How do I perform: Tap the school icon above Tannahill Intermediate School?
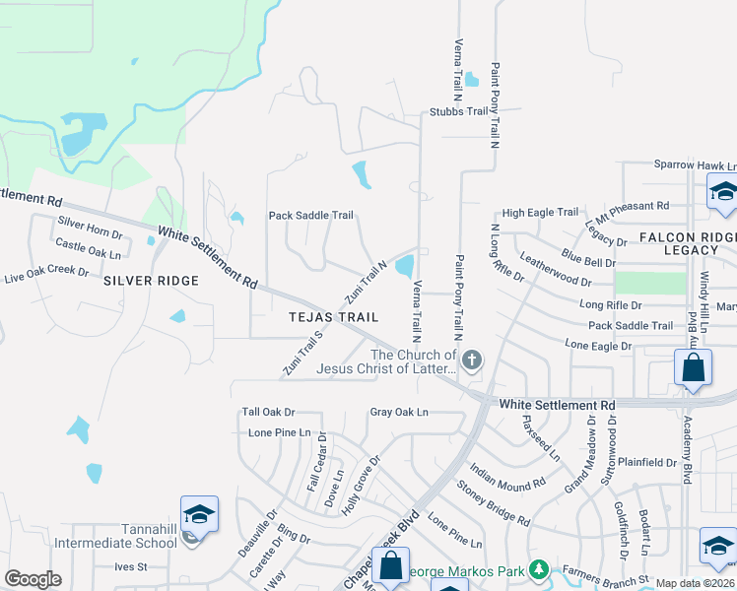tap(199, 515)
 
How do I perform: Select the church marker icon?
tap(472, 360)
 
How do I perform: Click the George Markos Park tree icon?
tap(538, 569)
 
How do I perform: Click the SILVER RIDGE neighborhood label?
tap(151, 281)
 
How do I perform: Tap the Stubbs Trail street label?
tap(459, 111)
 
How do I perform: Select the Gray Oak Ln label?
tap(399, 412)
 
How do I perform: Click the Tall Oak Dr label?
tap(269, 412)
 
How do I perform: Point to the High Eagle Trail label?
tap(540, 212)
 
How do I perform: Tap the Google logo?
tap(33, 578)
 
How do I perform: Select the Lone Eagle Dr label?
tap(597, 345)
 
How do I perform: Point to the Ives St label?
tap(130, 566)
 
